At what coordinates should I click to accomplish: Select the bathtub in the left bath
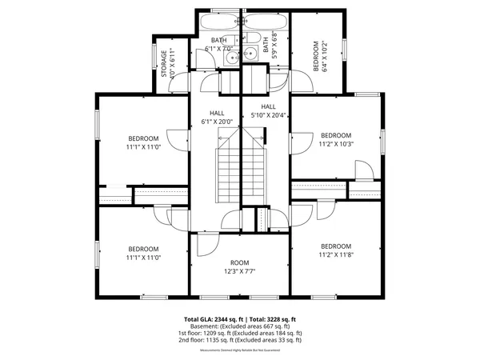click(218, 22)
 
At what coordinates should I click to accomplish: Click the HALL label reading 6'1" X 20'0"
click(218, 118)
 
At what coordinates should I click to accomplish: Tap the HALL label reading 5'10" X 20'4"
click(269, 110)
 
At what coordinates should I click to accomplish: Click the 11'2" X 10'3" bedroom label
click(335, 139)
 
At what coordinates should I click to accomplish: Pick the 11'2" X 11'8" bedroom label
click(335, 250)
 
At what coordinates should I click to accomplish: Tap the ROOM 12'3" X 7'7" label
click(240, 267)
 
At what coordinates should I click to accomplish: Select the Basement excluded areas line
click(240, 326)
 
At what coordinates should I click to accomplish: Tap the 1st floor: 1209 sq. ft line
click(240, 333)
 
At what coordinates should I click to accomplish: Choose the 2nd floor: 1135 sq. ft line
click(240, 340)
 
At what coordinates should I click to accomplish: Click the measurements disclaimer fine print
click(240, 348)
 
